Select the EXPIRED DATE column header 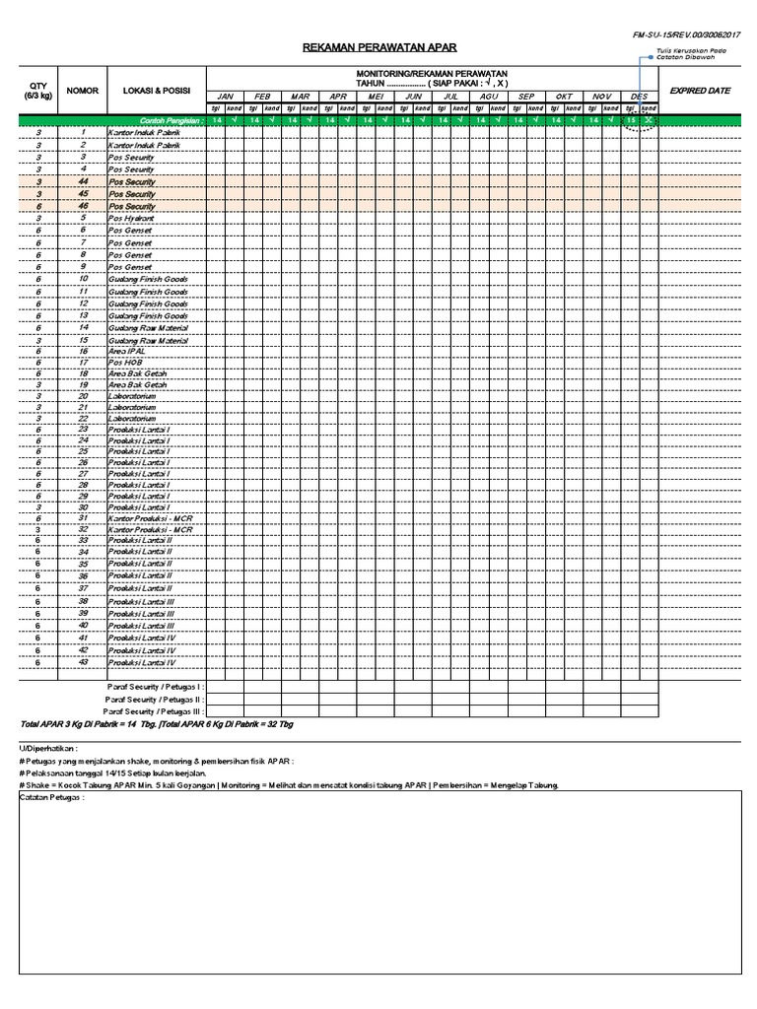click(700, 91)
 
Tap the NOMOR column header click(83, 91)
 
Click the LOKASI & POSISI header click(156, 91)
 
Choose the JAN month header click(225, 97)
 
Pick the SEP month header click(525, 97)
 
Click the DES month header click(640, 97)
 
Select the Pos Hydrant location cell click(131, 218)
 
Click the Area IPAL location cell click(127, 351)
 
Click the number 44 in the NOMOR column click(84, 182)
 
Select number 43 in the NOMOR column click(84, 663)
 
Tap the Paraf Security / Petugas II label click(155, 698)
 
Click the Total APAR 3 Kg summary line click(158, 724)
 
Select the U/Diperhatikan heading click(39, 749)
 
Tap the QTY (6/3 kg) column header click(37, 91)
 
